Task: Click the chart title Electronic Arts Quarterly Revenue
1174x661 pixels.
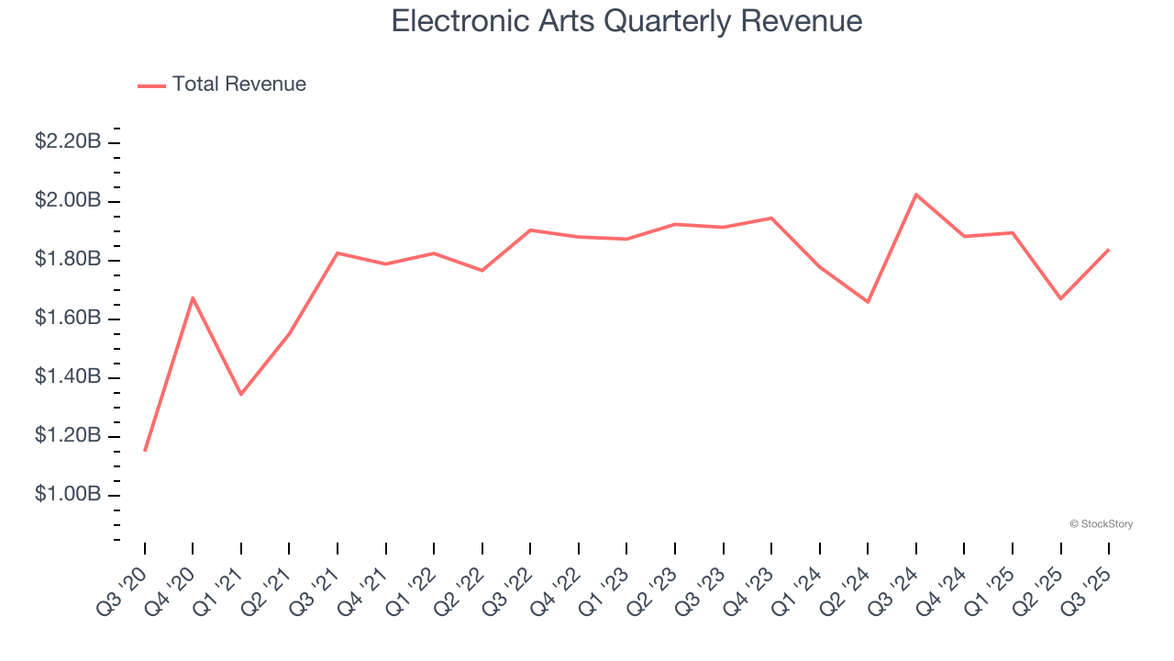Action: (626, 21)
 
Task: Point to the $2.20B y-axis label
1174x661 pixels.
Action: (68, 141)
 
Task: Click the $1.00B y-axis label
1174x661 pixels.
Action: (68, 495)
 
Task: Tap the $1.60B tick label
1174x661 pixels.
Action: (68, 319)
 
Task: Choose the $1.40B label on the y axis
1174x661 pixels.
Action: (68, 377)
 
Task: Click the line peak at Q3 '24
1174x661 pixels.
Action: (916, 195)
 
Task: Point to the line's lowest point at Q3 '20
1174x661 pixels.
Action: (145, 450)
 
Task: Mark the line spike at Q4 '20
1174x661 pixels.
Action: (193, 297)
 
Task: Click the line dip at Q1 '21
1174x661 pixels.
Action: (241, 394)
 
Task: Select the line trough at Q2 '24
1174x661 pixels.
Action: (868, 302)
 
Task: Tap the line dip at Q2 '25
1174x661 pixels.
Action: (1060, 298)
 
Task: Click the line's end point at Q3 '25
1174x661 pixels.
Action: (1108, 250)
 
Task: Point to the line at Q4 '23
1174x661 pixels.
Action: (771, 218)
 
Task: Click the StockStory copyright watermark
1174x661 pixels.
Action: (1101, 524)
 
